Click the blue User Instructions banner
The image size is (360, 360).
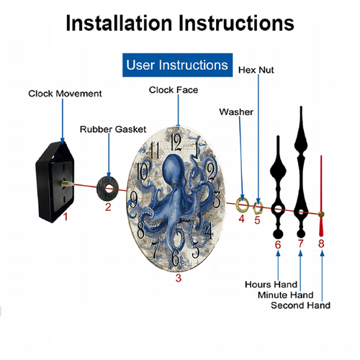177,65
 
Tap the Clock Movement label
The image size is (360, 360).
65,94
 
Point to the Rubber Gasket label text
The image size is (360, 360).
113,130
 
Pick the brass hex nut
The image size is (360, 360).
258,208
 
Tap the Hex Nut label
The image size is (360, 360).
256,70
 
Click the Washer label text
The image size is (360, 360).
236,112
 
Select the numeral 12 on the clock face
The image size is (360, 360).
176,142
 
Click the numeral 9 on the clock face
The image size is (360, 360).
133,200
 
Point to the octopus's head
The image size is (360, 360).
172,169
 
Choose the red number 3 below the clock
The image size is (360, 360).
178,278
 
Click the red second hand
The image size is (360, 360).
321,196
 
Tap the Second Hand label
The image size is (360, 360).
300,305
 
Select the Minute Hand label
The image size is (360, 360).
285,294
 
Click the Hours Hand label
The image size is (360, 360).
271,284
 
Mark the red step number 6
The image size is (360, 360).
278,245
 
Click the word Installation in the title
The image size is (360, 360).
120,23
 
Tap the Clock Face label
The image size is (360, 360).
174,90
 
